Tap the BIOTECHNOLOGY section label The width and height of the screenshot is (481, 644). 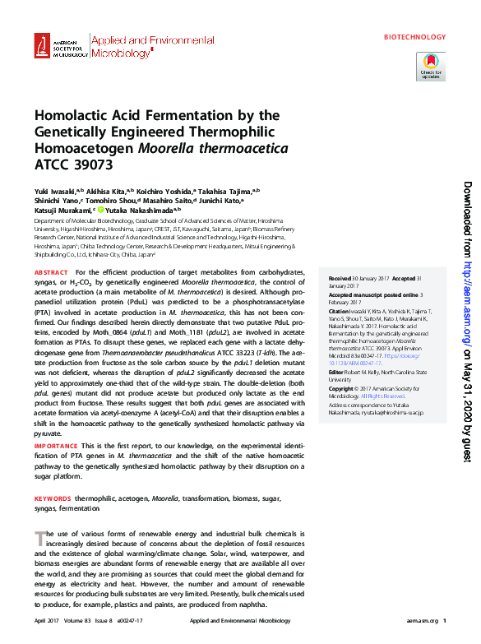[x=414, y=37]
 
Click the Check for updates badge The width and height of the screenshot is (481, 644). [x=431, y=66]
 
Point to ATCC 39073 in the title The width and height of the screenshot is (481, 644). [x=71, y=164]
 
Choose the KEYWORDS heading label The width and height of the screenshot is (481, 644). [x=52, y=499]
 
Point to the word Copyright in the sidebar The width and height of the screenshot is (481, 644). [x=343, y=387]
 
